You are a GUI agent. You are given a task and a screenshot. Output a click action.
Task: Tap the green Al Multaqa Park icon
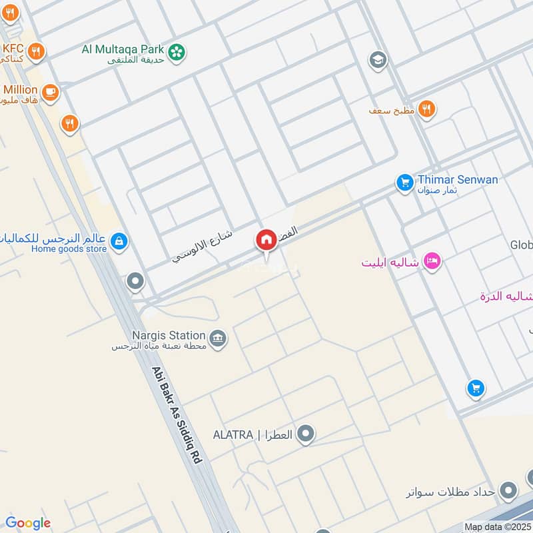(x=177, y=52)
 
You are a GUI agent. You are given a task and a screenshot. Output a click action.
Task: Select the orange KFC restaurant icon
(x=37, y=51)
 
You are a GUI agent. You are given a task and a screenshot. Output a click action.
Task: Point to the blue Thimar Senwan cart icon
(x=404, y=182)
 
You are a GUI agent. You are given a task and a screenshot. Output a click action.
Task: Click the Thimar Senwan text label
(x=458, y=180)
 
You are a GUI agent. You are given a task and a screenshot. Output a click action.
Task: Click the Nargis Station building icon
(x=217, y=338)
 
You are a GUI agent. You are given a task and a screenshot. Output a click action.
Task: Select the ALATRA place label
(x=253, y=435)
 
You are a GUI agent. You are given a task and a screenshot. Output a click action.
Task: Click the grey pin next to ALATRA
(x=306, y=435)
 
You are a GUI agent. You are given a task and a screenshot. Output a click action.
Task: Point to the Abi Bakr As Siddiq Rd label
(x=177, y=414)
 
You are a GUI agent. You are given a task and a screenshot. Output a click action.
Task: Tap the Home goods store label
(x=69, y=249)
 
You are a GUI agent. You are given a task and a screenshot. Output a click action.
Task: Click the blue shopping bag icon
(x=119, y=241)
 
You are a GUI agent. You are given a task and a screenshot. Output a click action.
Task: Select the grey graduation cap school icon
(x=378, y=60)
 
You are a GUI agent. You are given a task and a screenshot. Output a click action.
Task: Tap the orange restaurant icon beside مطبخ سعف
(x=427, y=109)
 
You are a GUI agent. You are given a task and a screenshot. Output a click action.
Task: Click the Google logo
(x=27, y=523)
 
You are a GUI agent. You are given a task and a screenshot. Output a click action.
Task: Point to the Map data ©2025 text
(x=498, y=526)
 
